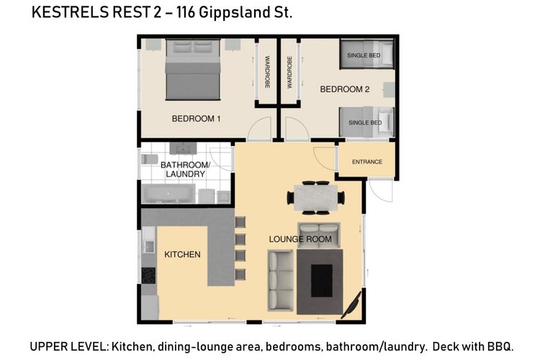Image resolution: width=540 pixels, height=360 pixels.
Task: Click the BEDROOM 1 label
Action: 196,119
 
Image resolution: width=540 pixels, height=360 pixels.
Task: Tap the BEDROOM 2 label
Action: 345,89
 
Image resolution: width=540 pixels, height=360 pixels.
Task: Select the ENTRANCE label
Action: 367,161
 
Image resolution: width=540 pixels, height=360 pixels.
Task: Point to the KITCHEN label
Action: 182,255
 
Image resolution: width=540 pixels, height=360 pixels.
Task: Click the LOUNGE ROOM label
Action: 300,239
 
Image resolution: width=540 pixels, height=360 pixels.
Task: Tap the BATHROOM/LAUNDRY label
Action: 185,169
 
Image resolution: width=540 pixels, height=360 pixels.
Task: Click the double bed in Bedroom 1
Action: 193,70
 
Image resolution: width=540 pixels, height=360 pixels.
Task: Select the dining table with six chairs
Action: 316,198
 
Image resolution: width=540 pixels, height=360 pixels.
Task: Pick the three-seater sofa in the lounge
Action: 280,281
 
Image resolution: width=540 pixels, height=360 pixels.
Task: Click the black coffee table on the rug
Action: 322,281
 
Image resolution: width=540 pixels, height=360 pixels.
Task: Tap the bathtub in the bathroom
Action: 168,193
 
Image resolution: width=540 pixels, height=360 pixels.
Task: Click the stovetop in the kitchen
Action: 148,276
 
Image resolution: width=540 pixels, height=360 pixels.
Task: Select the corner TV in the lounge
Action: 352,305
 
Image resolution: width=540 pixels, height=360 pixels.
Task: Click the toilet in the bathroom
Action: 149,159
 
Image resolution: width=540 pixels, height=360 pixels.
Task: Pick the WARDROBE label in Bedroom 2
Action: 289,72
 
